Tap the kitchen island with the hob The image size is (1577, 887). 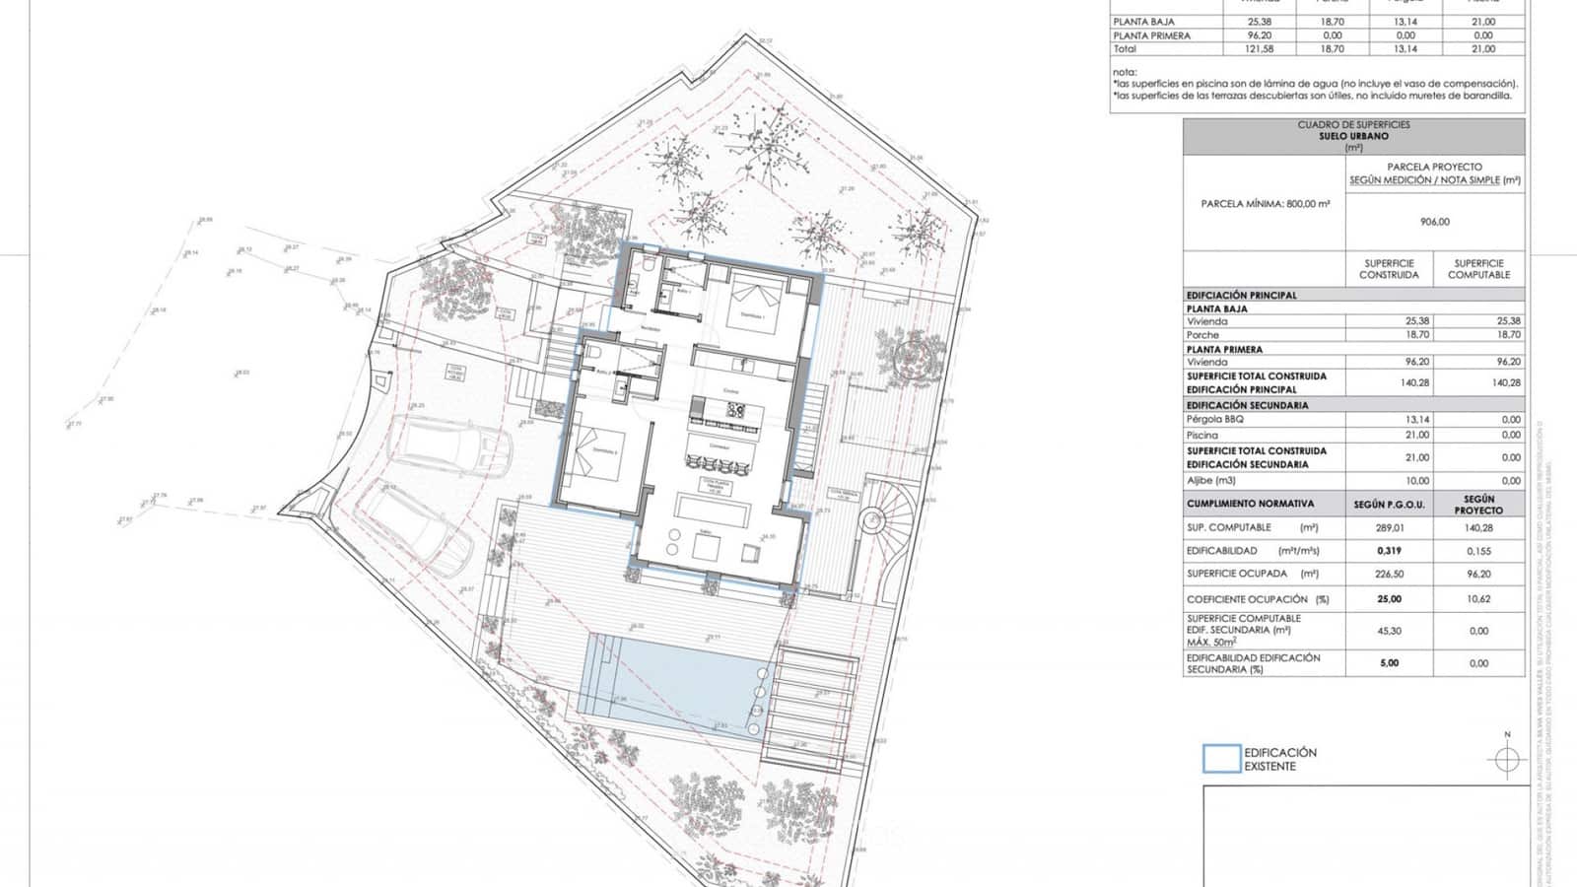click(726, 409)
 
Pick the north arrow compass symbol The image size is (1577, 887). click(1506, 759)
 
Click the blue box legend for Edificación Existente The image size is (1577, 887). click(1221, 759)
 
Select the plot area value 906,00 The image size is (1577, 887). click(1434, 223)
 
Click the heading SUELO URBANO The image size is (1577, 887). click(1353, 136)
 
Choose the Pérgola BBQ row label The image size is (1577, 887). click(1215, 420)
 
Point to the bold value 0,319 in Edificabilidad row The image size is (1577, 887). click(1389, 551)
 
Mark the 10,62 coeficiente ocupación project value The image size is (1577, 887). click(1478, 599)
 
